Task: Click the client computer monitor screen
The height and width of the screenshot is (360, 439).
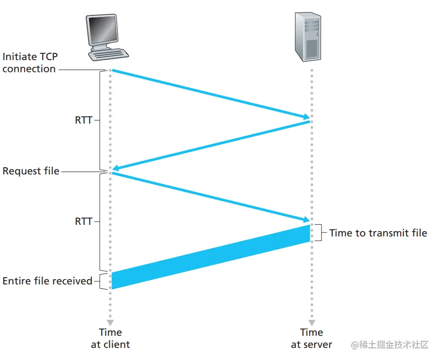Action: pos(101,31)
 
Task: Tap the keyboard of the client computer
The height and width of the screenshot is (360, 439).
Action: pos(109,54)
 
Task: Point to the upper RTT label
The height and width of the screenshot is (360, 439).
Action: pos(83,120)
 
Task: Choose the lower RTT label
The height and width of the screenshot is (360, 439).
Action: pos(83,221)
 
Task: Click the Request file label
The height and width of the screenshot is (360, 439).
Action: pos(30,171)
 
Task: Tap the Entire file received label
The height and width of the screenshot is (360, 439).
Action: pos(47,281)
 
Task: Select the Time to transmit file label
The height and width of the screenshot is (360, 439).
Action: pos(378,233)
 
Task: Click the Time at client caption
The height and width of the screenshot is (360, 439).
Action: pos(110,338)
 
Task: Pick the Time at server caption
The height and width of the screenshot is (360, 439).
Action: pos(311,338)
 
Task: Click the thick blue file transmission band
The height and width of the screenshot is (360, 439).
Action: pos(211,257)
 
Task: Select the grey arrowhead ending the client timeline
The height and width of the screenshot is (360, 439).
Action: pos(110,322)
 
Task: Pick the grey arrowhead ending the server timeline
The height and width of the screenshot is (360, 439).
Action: pos(312,322)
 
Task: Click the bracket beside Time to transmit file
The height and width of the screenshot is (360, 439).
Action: pos(323,233)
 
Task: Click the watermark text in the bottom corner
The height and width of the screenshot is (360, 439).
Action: pos(390,345)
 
